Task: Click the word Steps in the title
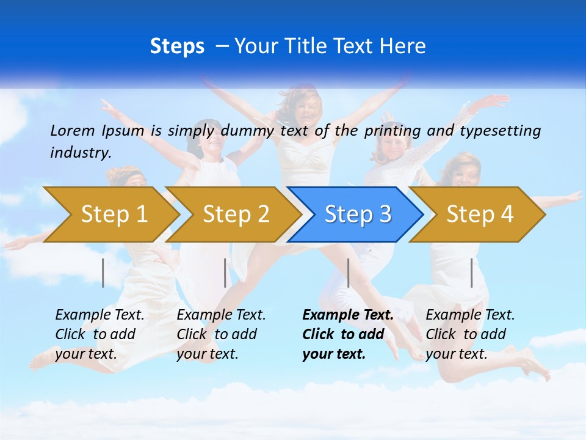tap(177, 46)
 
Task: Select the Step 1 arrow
tap(114, 215)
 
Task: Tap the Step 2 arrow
tap(236, 215)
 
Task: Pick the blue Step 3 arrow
tap(357, 215)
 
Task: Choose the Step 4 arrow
tap(479, 215)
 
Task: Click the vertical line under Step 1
tap(103, 273)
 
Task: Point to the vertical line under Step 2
tap(225, 273)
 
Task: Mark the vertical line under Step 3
tap(348, 273)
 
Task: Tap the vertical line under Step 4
tap(471, 273)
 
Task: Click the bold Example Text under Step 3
tap(348, 315)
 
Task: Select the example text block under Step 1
tap(99, 334)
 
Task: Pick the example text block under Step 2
tap(221, 334)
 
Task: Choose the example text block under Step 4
tap(470, 334)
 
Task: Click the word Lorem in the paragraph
tap(72, 130)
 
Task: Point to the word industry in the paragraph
tap(80, 153)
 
